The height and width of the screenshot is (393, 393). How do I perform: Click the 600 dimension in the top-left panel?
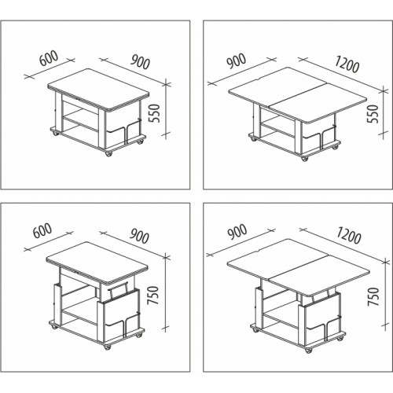49,58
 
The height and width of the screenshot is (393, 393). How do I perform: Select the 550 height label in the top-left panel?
154,113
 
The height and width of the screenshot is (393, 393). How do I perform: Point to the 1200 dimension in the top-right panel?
347,65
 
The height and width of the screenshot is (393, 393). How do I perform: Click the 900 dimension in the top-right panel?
237,61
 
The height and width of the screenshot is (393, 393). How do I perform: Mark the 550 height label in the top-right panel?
373,114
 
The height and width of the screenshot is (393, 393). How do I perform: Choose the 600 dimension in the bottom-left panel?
42,230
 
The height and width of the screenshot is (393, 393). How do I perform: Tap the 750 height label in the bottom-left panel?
153,296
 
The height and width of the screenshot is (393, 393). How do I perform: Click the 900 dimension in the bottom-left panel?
140,237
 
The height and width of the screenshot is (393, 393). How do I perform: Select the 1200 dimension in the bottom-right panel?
348,236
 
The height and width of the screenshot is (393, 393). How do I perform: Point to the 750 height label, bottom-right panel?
373,296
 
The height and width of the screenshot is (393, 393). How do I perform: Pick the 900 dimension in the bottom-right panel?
237,233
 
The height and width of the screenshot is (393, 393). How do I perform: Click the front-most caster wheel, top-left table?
108,154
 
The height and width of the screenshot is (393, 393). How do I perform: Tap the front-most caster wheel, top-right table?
304,158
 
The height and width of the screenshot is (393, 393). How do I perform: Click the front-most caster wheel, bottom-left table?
108,347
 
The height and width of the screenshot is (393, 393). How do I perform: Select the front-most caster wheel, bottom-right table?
308,350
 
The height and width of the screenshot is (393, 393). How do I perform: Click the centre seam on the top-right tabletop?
297,94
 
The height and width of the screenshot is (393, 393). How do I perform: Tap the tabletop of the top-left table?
98,90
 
